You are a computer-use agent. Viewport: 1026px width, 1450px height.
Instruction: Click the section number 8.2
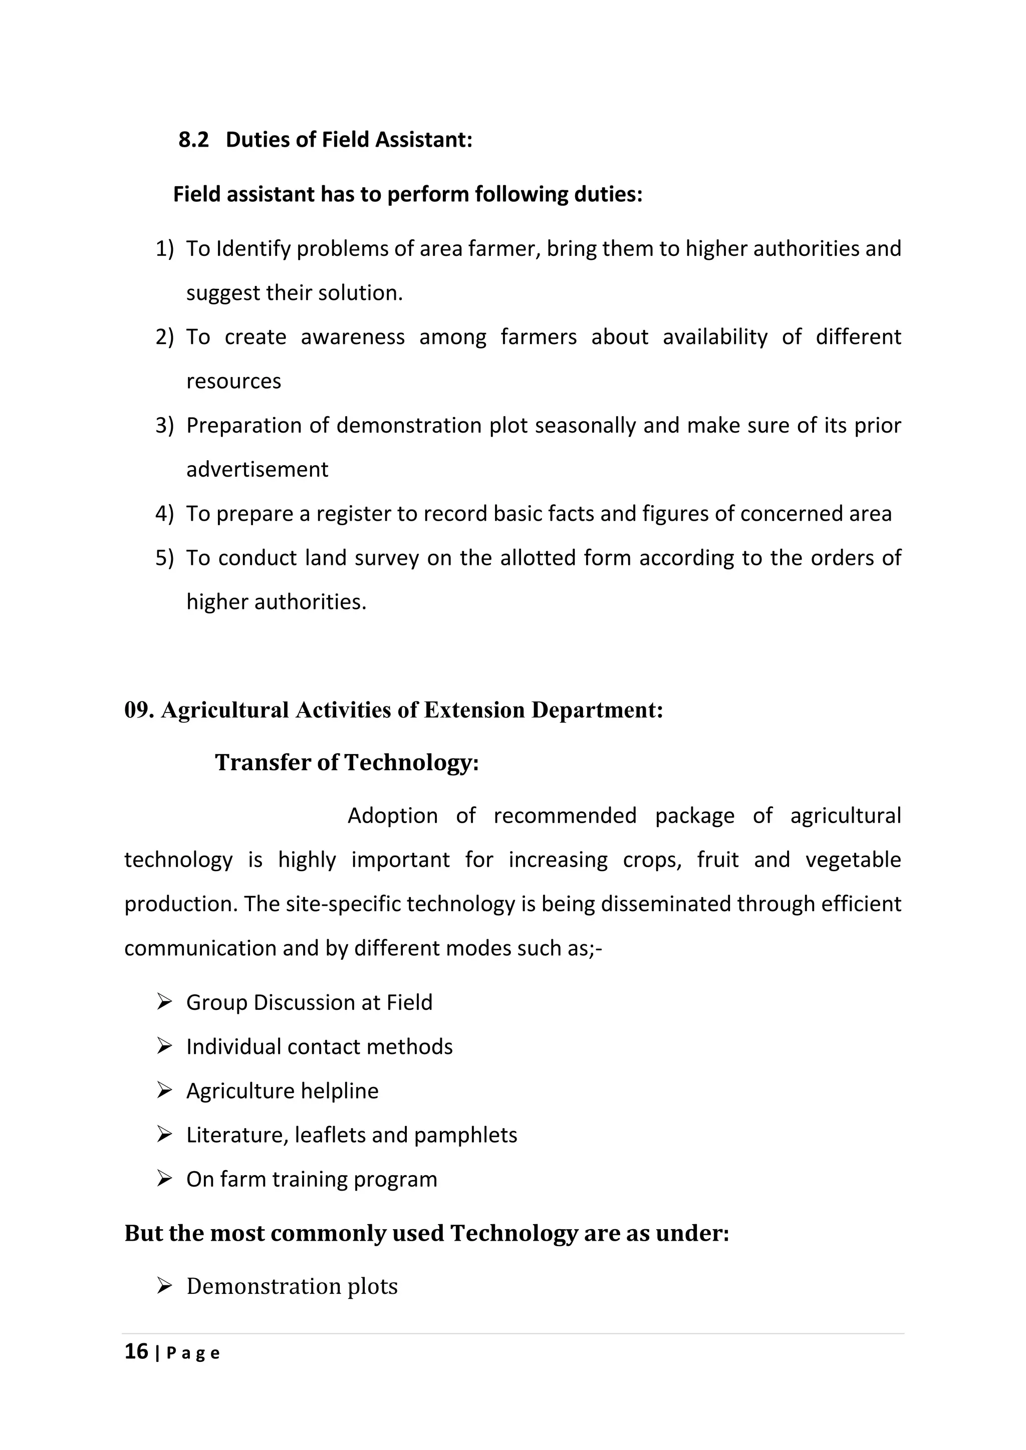pyautogui.click(x=193, y=140)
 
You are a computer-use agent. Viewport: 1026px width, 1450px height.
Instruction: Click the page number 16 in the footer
pyautogui.click(x=136, y=1351)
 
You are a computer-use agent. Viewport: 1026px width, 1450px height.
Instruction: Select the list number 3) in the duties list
pyautogui.click(x=164, y=426)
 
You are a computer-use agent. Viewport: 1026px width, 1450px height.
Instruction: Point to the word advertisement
pyautogui.click(x=257, y=470)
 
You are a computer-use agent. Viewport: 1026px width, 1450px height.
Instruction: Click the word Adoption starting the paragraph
pyautogui.click(x=392, y=816)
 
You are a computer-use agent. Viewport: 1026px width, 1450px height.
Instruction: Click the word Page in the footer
pyautogui.click(x=193, y=1354)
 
